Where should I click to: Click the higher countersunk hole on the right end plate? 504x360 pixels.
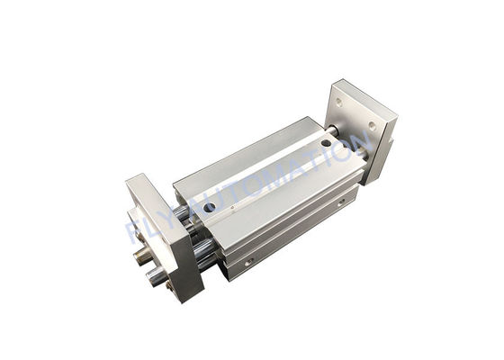coord(338,102)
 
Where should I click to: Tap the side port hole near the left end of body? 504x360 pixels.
coord(246,262)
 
